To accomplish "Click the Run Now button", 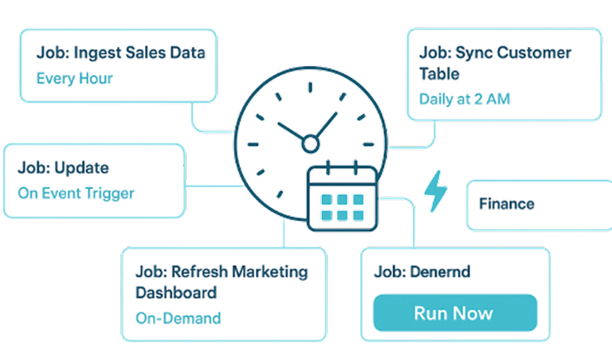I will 453,313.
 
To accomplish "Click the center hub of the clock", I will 310,143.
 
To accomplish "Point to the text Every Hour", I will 74,79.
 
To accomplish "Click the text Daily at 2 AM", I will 465,100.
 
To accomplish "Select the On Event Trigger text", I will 76,193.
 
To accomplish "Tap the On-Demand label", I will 178,318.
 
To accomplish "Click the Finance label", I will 506,204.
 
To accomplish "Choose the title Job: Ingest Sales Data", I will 120,53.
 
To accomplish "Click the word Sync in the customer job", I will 473,53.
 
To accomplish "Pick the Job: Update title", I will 63,169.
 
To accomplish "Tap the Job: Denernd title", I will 422,272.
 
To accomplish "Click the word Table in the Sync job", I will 440,74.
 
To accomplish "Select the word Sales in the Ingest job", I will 141,53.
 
